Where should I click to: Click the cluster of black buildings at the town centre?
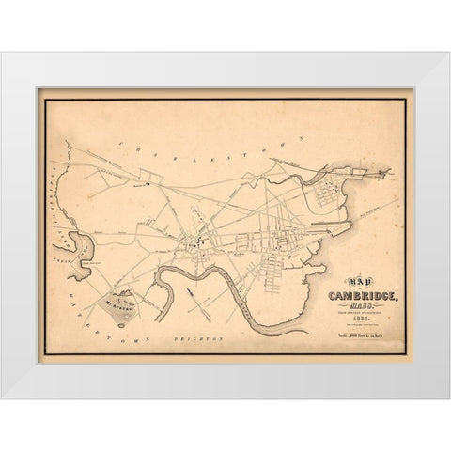(194, 245)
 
